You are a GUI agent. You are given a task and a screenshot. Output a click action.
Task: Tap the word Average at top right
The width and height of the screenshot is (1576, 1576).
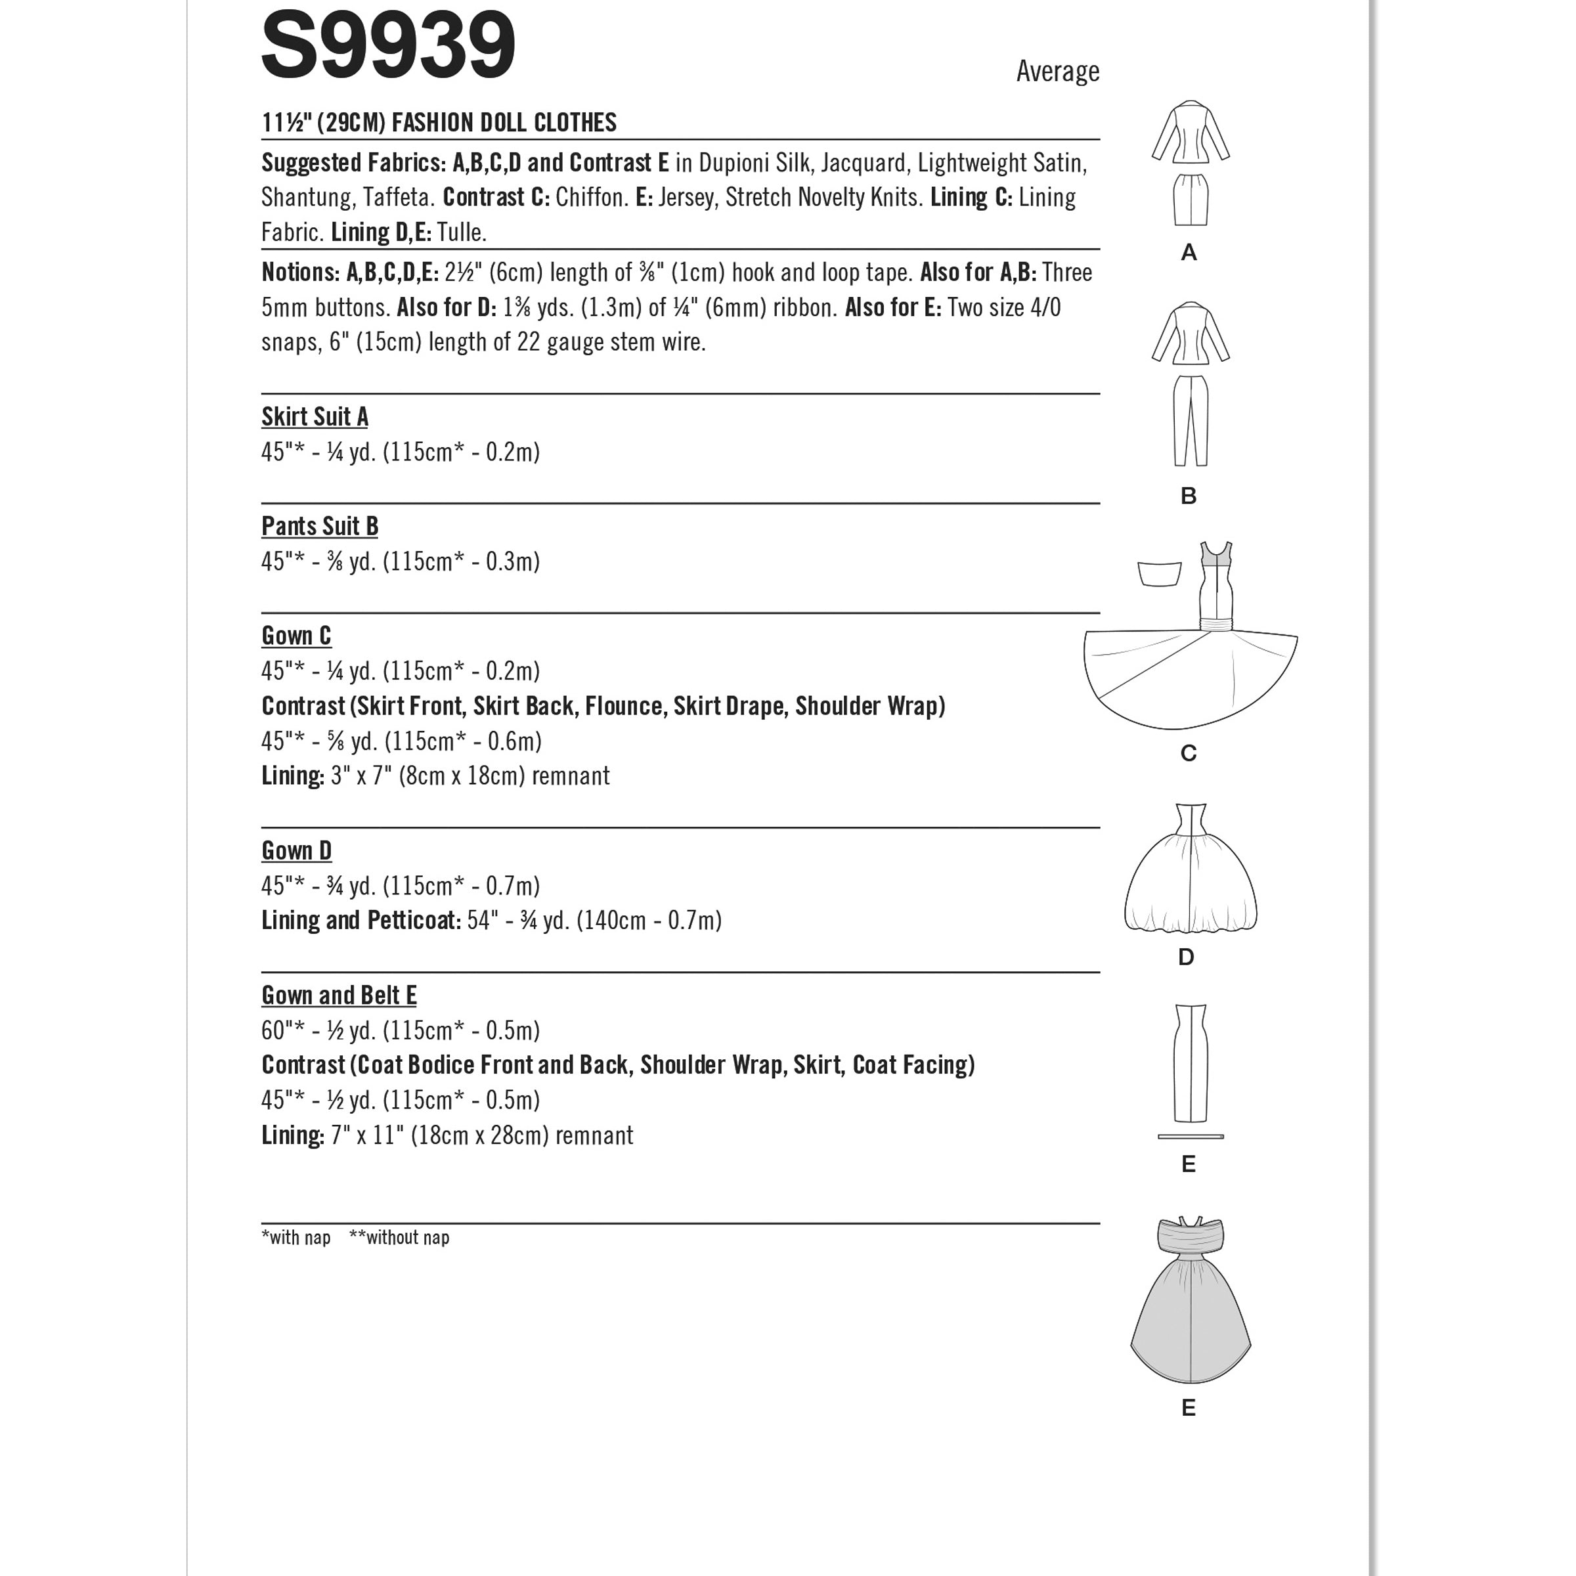point(1057,72)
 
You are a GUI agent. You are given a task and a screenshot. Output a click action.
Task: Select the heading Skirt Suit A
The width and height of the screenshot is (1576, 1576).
point(315,417)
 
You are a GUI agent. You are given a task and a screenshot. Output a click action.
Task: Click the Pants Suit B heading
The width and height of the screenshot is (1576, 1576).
point(320,526)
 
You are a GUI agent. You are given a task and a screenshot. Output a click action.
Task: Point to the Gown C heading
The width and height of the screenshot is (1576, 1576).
point(296,636)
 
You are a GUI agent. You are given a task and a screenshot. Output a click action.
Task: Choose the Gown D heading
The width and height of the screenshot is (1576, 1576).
point(296,851)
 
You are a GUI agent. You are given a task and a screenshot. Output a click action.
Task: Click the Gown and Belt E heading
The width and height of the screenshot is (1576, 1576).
point(339,996)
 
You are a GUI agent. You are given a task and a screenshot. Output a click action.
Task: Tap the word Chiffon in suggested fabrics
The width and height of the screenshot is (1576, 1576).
point(590,198)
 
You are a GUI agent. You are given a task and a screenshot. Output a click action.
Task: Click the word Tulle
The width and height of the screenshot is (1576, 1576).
point(462,232)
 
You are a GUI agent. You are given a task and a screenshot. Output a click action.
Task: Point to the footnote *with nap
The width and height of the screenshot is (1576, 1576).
point(296,1237)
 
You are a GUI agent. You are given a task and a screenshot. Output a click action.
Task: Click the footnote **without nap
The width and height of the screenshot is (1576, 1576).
point(399,1237)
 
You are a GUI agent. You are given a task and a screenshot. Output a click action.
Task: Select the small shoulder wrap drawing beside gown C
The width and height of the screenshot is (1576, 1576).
point(1160,573)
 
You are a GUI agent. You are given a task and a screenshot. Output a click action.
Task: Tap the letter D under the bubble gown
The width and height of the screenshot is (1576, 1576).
point(1186,957)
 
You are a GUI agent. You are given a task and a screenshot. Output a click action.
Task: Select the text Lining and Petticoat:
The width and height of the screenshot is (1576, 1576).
point(361,921)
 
